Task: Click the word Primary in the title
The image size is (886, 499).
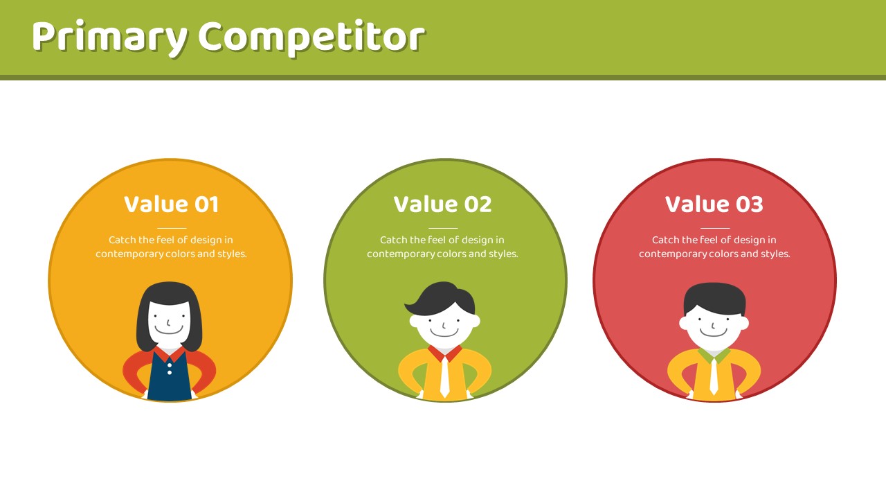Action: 110,37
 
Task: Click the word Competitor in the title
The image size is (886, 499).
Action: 311,37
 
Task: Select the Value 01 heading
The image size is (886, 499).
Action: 171,204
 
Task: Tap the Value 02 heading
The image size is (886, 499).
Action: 442,204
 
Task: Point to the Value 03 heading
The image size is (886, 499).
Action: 714,204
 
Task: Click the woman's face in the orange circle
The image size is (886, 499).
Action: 169,323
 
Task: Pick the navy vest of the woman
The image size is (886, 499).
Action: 170,376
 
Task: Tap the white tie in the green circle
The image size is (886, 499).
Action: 444,376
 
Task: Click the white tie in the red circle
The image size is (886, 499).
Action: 714,376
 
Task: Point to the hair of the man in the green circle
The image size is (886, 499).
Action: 441,299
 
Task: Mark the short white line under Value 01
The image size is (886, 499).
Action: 172,228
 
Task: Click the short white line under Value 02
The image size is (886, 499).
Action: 443,228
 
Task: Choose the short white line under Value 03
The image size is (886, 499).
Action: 715,228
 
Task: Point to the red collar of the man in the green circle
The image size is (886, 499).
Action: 445,353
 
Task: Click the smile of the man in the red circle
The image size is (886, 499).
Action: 713,333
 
